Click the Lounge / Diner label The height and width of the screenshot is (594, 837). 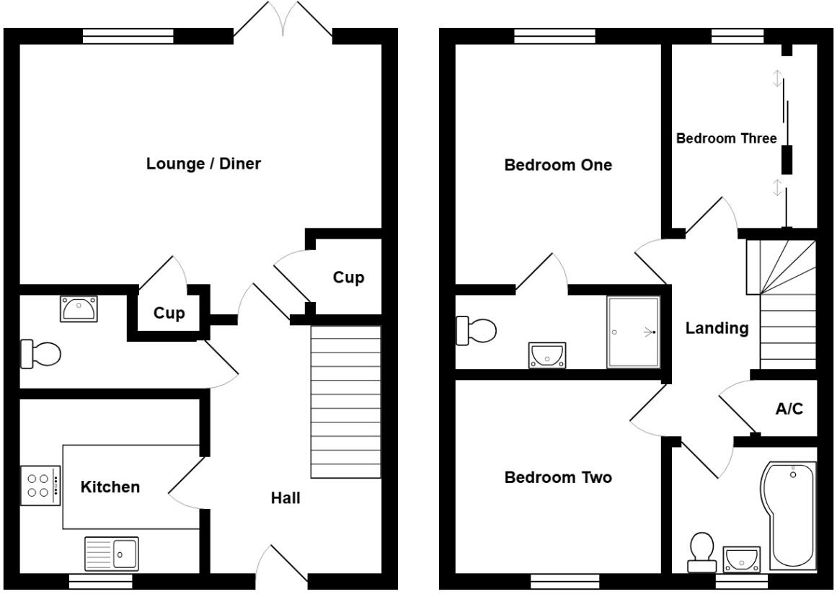203,164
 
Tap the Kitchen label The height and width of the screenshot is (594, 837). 110,487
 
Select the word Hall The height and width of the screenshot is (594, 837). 285,497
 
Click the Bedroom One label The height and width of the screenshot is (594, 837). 558,165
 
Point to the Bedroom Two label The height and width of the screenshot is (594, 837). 558,477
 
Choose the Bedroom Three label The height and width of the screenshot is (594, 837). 726,138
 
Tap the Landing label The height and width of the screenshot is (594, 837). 717,329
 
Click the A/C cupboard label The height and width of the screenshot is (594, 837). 789,409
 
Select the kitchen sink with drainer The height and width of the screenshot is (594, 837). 111,554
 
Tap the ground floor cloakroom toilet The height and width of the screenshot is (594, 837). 41,354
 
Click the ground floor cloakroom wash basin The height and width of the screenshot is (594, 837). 78,309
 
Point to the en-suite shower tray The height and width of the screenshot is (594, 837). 633,332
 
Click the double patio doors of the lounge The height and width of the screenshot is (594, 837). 283,22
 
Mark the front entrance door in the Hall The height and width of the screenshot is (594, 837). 281,566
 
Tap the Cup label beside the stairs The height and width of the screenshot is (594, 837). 348,278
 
